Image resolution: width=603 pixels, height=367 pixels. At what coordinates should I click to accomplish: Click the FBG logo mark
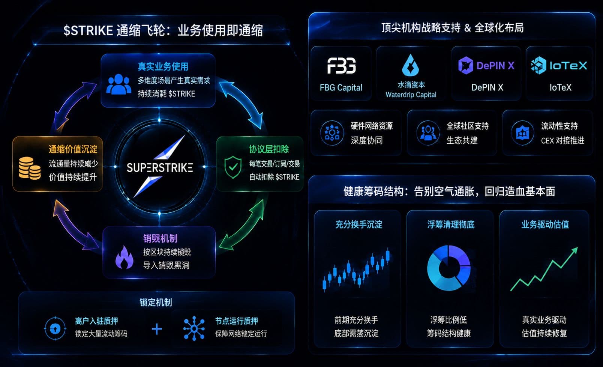341,65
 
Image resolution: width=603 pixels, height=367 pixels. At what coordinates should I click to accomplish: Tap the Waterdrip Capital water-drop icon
411,65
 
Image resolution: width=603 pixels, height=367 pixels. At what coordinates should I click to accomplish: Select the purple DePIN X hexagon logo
465,65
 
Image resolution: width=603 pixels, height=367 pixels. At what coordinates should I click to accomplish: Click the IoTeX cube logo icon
538,65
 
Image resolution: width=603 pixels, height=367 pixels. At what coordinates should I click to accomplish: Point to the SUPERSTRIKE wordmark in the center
160,168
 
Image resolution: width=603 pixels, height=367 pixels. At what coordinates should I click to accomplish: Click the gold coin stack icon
30,168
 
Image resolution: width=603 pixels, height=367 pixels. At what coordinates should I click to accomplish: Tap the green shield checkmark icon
233,167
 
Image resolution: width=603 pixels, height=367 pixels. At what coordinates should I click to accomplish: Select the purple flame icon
124,257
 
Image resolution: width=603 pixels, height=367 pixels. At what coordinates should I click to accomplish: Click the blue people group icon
119,84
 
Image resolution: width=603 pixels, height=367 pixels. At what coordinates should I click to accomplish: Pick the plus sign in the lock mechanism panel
157,329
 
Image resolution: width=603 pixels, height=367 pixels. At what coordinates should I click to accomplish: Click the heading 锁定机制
156,302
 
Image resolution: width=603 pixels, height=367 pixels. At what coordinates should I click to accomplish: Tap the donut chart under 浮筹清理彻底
449,268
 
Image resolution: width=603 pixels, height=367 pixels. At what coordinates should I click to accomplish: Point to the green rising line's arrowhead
574,250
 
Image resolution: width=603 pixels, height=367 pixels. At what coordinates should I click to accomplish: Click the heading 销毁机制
160,238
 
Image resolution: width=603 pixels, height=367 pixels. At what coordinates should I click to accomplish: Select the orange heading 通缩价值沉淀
73,149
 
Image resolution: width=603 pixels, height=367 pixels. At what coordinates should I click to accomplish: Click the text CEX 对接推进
562,140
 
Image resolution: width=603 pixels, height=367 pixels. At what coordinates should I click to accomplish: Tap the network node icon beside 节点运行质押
194,328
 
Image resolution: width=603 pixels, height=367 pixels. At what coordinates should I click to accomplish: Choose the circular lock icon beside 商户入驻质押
55,328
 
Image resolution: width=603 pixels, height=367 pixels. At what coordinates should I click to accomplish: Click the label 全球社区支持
467,126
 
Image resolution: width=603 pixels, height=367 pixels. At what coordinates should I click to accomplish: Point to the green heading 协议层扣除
268,149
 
